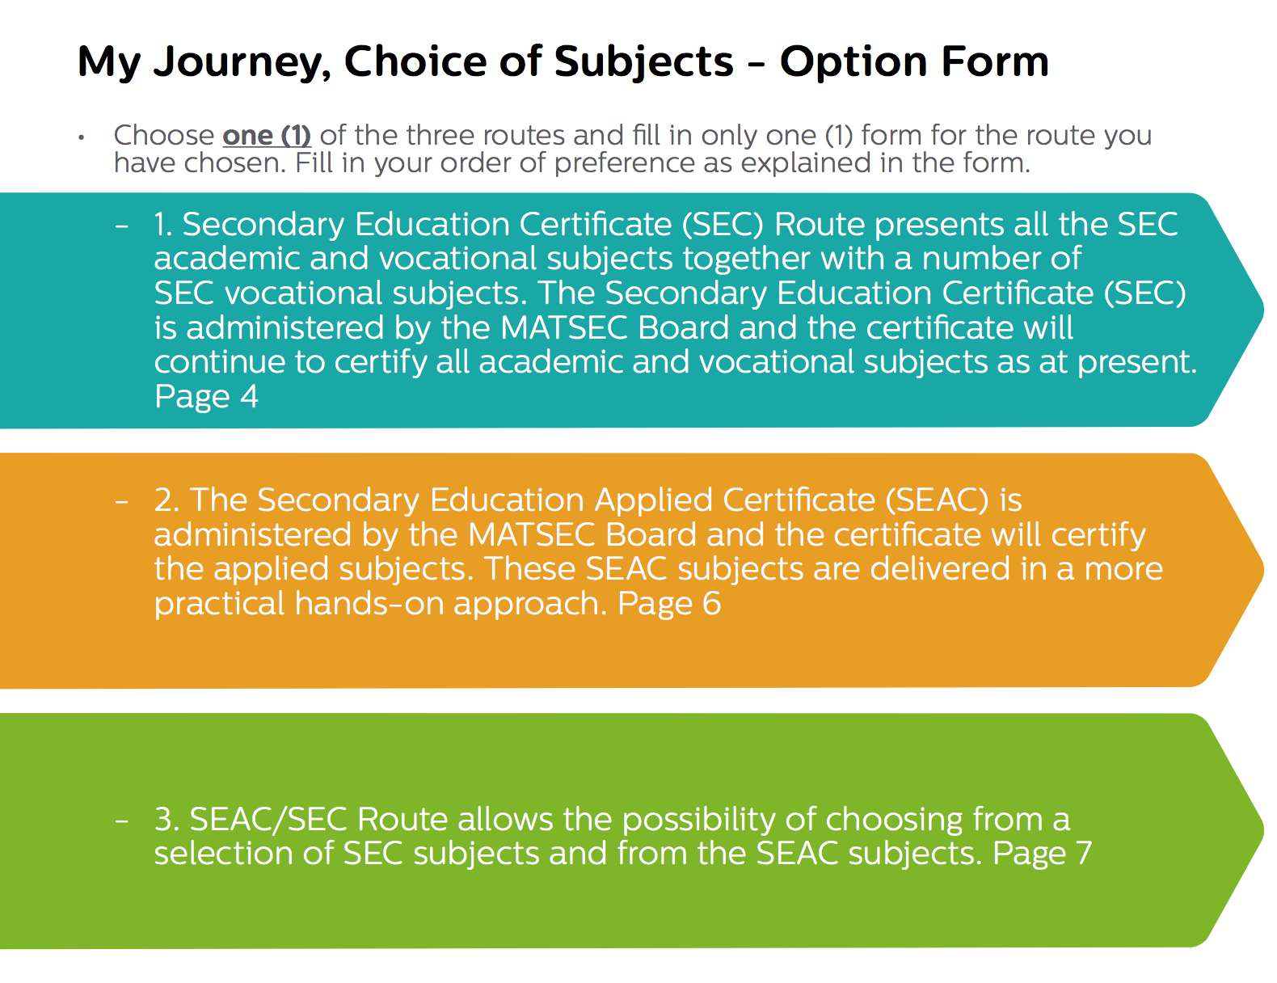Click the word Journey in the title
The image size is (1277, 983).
(x=242, y=63)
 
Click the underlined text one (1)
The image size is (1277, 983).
(x=267, y=136)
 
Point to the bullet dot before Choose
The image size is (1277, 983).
(x=82, y=138)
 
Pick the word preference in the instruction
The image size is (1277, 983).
(x=624, y=163)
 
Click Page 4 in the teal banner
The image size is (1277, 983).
(x=205, y=397)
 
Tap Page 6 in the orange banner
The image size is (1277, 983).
(x=668, y=603)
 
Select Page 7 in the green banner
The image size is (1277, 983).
(x=1042, y=853)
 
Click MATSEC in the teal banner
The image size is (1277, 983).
(x=564, y=328)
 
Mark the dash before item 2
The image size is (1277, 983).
(x=122, y=502)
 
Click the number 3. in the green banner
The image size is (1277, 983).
(x=166, y=820)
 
